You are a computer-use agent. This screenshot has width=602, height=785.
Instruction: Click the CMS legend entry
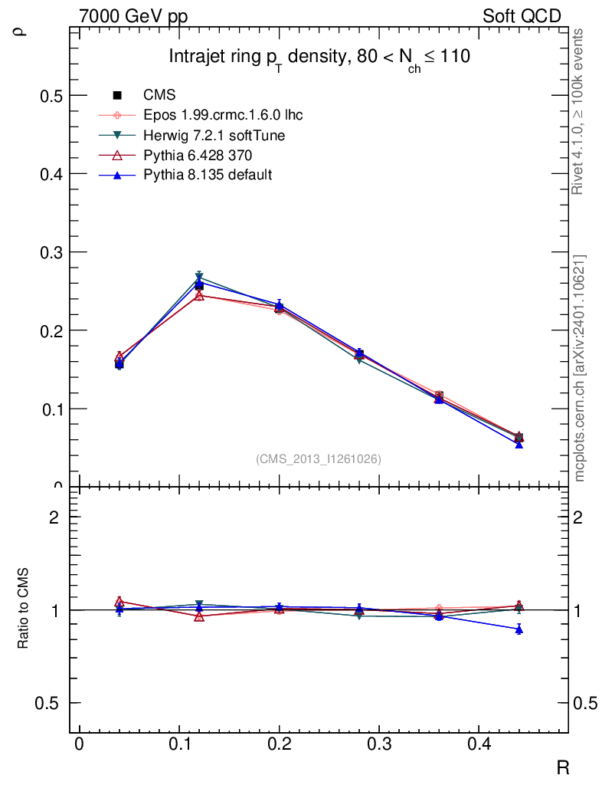pyautogui.click(x=159, y=95)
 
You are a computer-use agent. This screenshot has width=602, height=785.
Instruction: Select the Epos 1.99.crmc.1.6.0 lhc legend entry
pyautogui.click(x=223, y=115)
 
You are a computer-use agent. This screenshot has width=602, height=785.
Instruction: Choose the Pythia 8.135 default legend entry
pyautogui.click(x=208, y=175)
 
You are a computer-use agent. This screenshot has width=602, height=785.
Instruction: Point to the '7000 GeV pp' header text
pyautogui.click(x=133, y=16)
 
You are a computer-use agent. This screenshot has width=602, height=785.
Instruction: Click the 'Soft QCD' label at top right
pyautogui.click(x=522, y=16)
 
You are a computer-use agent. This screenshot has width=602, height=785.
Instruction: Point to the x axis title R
pyautogui.click(x=562, y=767)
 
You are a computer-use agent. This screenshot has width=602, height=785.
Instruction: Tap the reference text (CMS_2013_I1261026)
pyautogui.click(x=319, y=458)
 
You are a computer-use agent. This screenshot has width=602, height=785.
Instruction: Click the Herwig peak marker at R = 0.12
pyautogui.click(x=199, y=279)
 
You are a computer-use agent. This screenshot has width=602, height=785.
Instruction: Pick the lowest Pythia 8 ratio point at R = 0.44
pyautogui.click(x=519, y=629)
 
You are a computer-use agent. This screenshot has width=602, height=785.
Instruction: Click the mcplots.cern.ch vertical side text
pyautogui.click(x=580, y=368)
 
